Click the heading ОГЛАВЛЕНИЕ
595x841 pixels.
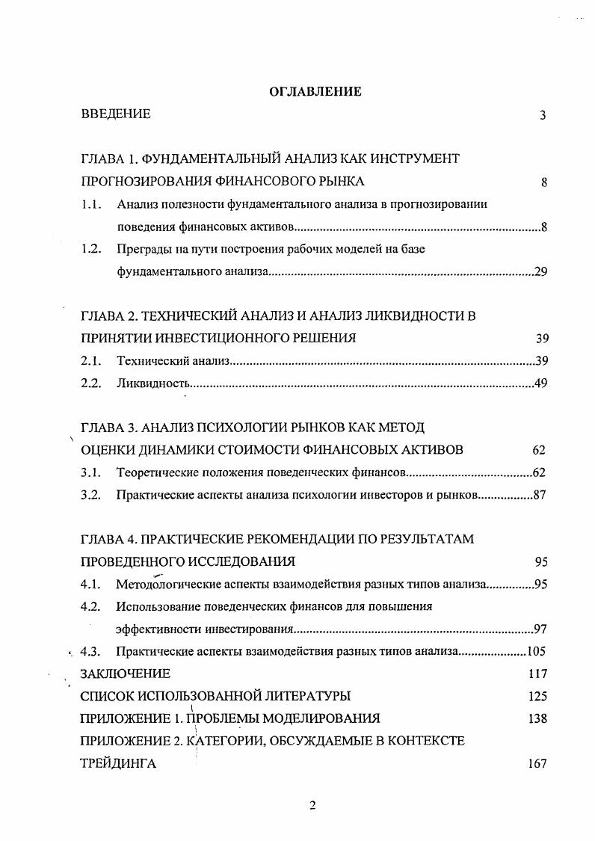[315, 91]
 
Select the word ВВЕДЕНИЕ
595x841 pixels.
[116, 114]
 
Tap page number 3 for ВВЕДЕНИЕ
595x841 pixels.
[543, 115]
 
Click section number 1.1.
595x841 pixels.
[91, 204]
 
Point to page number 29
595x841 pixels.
[541, 272]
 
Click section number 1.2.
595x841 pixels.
[91, 250]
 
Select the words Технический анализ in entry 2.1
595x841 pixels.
[173, 361]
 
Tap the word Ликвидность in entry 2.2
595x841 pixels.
[152, 384]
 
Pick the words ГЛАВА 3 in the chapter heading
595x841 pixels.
[108, 428]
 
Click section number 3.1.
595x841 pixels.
[91, 472]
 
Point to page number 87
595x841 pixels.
[540, 495]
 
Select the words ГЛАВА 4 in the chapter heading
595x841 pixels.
[108, 539]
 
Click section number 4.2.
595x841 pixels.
[91, 606]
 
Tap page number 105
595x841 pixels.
[538, 651]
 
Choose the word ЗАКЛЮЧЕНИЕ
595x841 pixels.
[125, 674]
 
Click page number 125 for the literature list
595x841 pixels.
[537, 697]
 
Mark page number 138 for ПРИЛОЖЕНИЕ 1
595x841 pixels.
[537, 719]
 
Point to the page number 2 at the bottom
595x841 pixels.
[313, 805]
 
